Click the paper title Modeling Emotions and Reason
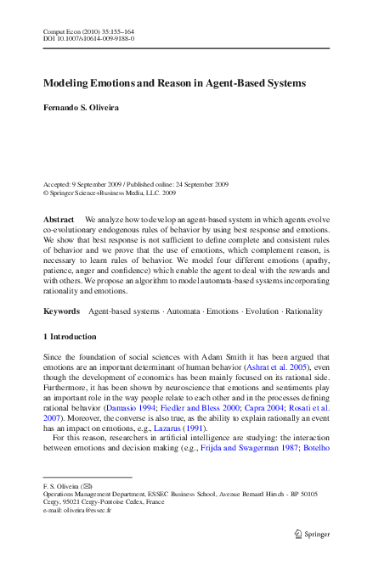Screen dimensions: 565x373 (174, 84)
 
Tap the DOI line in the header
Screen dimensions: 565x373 (88, 39)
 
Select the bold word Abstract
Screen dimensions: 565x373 (59, 220)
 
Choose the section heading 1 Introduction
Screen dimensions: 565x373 (70, 337)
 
